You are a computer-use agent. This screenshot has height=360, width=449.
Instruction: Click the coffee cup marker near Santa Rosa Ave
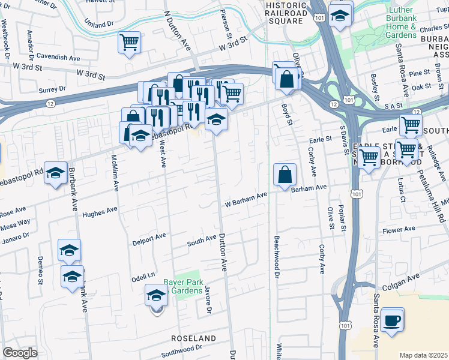click(x=393, y=319)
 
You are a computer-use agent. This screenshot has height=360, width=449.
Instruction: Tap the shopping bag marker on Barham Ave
click(x=285, y=175)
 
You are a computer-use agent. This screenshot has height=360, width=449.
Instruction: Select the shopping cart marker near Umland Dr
click(x=130, y=43)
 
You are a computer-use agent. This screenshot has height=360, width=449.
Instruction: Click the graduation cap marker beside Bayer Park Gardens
click(x=156, y=296)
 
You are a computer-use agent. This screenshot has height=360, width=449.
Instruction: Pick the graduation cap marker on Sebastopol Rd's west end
click(x=55, y=175)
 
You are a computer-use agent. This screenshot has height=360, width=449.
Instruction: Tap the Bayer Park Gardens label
click(x=183, y=286)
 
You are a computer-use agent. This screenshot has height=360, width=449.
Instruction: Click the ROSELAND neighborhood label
click(x=193, y=338)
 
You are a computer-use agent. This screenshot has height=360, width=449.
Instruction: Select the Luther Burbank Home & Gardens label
click(x=394, y=23)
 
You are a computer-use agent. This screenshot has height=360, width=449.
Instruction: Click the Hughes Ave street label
click(x=100, y=212)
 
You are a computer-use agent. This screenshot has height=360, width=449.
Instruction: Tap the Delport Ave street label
click(x=148, y=241)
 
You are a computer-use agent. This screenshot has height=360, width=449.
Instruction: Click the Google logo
click(x=20, y=353)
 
